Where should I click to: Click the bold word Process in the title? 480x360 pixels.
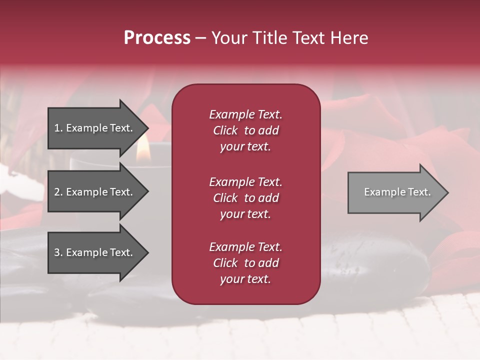tap(157, 38)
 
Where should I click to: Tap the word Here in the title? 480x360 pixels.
tap(348, 38)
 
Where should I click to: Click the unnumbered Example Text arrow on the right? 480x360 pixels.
tap(397, 192)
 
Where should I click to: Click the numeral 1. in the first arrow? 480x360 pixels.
tap(58, 128)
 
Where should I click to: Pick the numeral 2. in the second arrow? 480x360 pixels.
tap(58, 192)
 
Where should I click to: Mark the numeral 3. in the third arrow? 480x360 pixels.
tap(58, 252)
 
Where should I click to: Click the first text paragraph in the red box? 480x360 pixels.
tap(245, 130)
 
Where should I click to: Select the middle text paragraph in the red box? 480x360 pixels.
tap(245, 198)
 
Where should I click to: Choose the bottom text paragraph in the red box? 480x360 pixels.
tap(245, 263)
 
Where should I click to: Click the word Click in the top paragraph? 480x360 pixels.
tap(225, 130)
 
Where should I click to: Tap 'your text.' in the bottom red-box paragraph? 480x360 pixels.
tap(245, 279)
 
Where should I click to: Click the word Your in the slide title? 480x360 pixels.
tap(230, 38)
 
